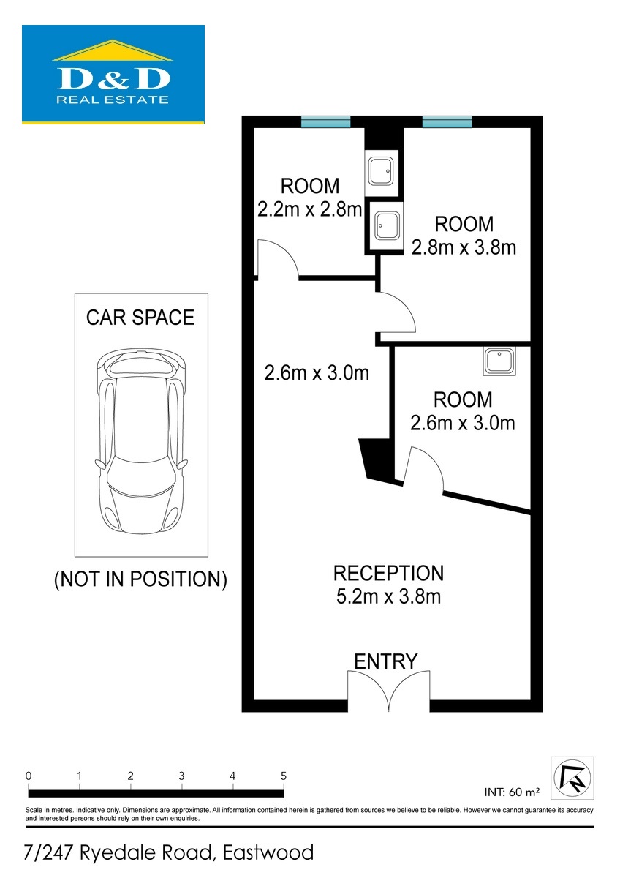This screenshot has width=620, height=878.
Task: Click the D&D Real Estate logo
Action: click(113, 75)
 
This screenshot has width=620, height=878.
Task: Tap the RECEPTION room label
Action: click(388, 573)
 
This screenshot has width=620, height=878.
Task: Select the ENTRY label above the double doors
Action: click(386, 661)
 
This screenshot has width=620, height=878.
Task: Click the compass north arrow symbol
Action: click(572, 778)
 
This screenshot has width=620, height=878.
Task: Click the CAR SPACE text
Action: click(140, 318)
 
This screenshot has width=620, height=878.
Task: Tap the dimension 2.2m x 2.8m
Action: click(309, 209)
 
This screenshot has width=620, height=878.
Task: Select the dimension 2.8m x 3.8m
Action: click(464, 247)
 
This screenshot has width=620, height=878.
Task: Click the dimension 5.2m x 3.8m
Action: click(388, 596)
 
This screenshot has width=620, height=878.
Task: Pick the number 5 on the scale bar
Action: click(284, 776)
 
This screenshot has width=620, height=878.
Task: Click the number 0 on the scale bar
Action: click(29, 776)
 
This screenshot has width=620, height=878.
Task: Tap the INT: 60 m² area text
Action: click(512, 792)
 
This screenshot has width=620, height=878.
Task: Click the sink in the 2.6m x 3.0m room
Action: click(499, 361)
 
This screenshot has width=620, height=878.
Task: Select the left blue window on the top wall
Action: click(325, 122)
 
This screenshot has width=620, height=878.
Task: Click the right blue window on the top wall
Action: click(447, 122)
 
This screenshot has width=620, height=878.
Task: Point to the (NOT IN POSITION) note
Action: click(140, 579)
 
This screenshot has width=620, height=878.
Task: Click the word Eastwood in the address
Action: click(268, 852)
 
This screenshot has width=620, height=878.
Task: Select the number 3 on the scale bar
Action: click(181, 776)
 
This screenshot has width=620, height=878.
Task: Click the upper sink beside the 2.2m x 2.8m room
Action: click(382, 173)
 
